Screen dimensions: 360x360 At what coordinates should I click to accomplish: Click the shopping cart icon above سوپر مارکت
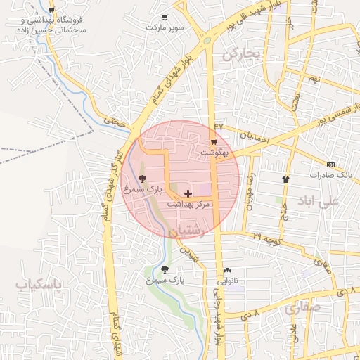[x=165, y=18]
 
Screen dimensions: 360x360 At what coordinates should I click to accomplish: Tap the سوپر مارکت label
[x=165, y=27]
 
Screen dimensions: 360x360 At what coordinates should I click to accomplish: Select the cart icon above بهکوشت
[x=213, y=141]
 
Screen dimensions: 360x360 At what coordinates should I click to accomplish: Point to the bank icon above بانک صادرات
[x=332, y=163]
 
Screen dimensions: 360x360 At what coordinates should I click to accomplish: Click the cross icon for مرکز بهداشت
[x=187, y=193]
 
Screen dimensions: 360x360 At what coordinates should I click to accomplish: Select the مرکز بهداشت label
[x=188, y=203]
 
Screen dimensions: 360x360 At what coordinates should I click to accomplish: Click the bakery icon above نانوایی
[x=227, y=270]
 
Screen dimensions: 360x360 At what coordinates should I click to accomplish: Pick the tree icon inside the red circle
[x=143, y=179]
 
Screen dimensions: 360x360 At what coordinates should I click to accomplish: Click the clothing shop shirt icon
[x=285, y=179]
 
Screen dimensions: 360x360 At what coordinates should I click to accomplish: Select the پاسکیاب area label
[x=39, y=284]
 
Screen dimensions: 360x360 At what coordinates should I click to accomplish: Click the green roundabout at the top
[x=207, y=41]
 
